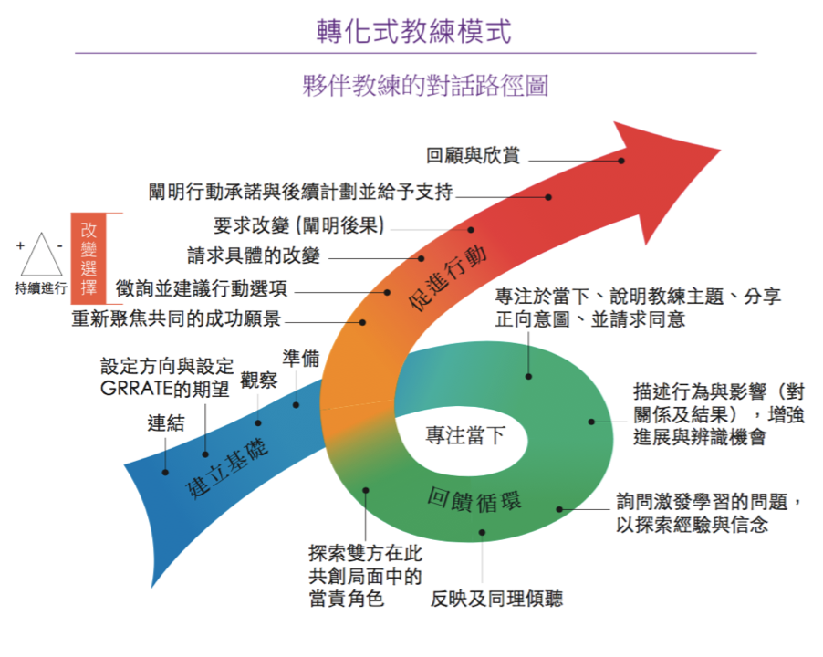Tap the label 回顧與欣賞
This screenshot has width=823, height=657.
coord(473,156)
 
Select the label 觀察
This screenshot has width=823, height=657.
coord(258,381)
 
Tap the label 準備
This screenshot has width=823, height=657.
coord(300,358)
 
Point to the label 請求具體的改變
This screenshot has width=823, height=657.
coord(254,255)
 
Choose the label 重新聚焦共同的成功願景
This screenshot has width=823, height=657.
coord(176,319)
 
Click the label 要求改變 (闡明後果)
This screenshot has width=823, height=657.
coord(299,225)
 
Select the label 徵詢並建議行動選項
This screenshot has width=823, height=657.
coord(202,288)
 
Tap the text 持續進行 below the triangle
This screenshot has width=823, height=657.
coord(41,288)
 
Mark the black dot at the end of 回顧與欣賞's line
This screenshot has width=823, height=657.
coord(621,160)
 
